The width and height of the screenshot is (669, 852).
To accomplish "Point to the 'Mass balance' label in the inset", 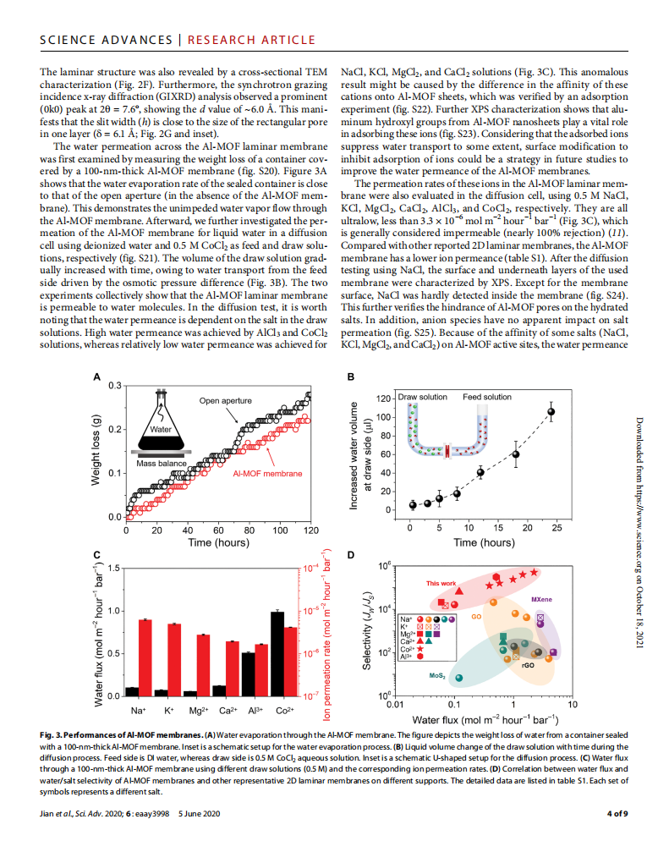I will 162,464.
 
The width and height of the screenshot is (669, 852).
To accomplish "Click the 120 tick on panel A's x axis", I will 310,530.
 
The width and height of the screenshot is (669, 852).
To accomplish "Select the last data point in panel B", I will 551,412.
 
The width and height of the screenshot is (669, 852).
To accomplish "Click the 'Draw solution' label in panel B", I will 423,397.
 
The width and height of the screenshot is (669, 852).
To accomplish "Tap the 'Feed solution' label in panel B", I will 487,397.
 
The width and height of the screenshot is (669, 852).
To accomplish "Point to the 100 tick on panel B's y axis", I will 384,417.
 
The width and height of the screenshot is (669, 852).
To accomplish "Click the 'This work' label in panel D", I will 441,584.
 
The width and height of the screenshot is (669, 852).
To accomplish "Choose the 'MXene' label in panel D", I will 565,599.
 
